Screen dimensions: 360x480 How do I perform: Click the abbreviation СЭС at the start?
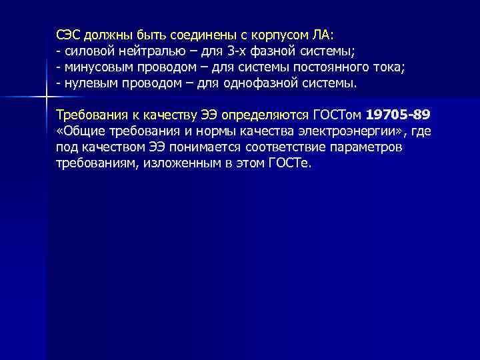point(68,35)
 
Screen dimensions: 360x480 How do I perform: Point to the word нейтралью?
point(139,51)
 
